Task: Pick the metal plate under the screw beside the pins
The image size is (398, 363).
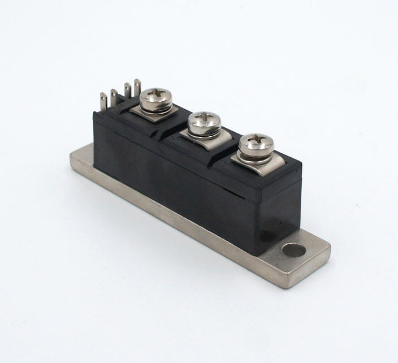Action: point(164,112)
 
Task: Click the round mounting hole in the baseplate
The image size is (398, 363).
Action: point(293,250)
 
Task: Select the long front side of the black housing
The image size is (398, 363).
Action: point(181,181)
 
